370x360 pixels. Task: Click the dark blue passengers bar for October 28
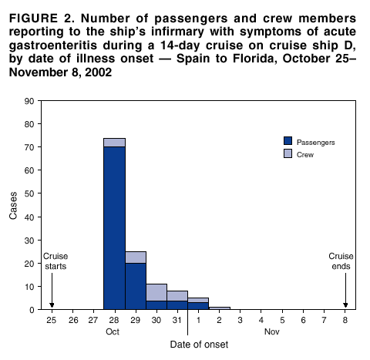pyautogui.click(x=114, y=227)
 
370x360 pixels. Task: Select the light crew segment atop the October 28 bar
pyautogui.click(x=114, y=143)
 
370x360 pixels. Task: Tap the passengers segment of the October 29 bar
pyautogui.click(x=136, y=285)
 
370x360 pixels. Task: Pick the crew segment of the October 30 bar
pyautogui.click(x=156, y=292)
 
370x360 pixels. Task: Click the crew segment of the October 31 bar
pyautogui.click(x=177, y=295)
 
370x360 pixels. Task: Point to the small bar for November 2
pyautogui.click(x=220, y=308)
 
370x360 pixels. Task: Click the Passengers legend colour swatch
pyautogui.click(x=288, y=141)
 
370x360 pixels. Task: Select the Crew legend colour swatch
pyautogui.click(x=288, y=154)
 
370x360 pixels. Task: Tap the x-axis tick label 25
pyautogui.click(x=52, y=318)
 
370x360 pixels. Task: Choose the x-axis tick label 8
pyautogui.click(x=345, y=318)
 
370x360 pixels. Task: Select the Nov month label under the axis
pyautogui.click(x=271, y=331)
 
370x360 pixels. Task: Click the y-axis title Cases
pyautogui.click(x=13, y=205)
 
